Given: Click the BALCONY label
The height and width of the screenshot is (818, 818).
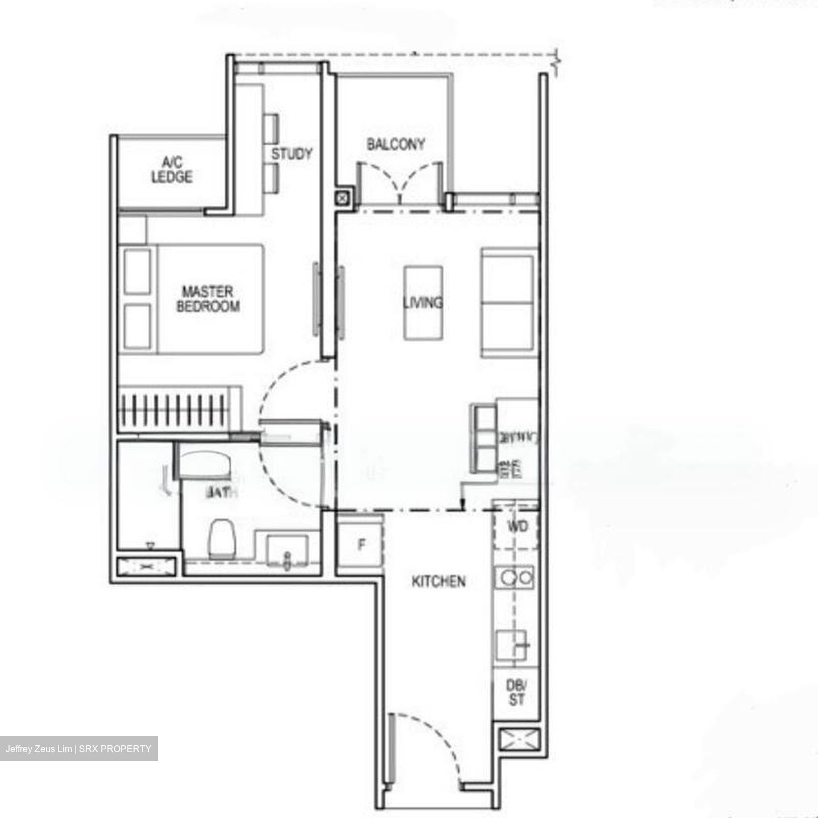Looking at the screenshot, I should pos(395,144).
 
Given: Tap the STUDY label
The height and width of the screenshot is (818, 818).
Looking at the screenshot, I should pos(291,154).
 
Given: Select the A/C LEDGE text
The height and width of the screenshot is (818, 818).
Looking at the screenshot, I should pos(172,170).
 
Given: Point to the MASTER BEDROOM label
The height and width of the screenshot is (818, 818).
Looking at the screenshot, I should pos(208,299).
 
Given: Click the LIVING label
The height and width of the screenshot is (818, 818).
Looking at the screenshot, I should pos(423,302).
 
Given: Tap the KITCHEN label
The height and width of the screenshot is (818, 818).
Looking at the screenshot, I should pos(439,581).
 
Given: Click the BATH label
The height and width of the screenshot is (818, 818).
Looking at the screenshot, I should pos(221,493).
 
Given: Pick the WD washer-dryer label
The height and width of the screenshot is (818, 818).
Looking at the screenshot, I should pos(516,526).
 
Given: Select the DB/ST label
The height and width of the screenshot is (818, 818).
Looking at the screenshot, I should pos(516,692).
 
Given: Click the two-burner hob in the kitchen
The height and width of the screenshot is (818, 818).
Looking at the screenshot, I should pos(515,578).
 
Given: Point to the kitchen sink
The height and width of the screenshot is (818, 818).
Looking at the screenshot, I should pos(511,646).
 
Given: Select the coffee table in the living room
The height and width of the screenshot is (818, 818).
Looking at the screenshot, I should pos(423,303).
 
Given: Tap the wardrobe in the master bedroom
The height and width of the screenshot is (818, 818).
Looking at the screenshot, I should pos(179,410).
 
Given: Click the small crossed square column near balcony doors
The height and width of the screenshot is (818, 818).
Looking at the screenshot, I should pos(343,198).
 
